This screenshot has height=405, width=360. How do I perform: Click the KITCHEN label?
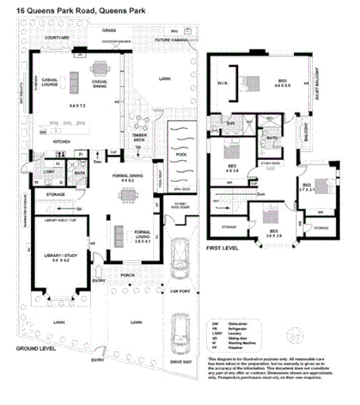coord(61,141)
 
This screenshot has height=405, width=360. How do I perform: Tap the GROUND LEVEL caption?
coord(26,348)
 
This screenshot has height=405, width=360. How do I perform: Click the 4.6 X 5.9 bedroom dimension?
coord(281,86)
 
